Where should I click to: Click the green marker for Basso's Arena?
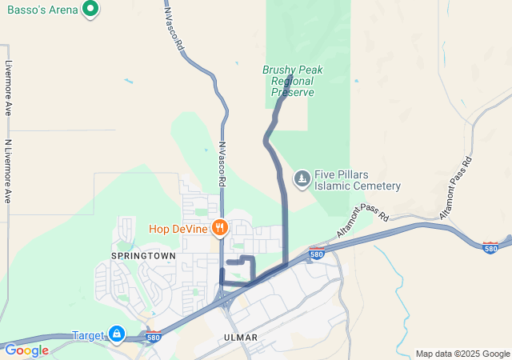click(90, 10)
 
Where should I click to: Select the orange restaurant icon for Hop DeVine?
click(218, 229)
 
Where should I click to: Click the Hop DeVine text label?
click(178, 229)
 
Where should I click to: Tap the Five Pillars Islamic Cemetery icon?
click(302, 178)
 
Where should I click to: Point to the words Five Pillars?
click(344, 175)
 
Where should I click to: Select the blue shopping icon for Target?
click(117, 334)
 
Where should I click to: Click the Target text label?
click(89, 335)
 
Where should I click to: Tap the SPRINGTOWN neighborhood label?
click(143, 255)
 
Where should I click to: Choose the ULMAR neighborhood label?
click(241, 338)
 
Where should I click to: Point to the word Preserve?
click(292, 92)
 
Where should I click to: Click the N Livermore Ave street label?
click(8, 171)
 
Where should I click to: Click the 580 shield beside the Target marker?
click(154, 337)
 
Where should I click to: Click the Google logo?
click(26, 350)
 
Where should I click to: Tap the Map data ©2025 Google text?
click(462, 354)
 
